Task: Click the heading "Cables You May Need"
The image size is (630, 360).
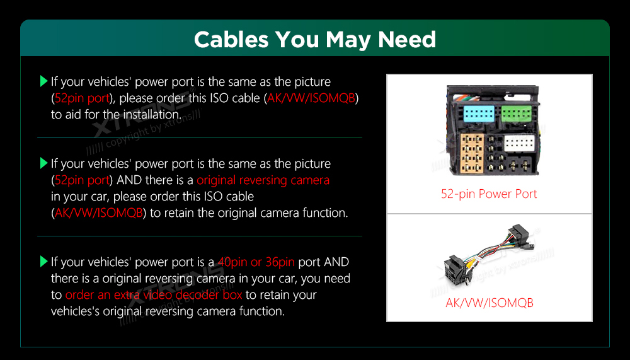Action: [x=315, y=40]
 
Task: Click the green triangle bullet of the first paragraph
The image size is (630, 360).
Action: [x=44, y=81]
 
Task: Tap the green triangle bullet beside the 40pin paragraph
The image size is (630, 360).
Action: [x=44, y=262]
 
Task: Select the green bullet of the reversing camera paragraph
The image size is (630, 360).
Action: [x=44, y=163]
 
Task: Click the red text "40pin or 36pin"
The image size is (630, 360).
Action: [x=256, y=262]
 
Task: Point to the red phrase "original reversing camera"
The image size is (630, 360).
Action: [x=263, y=180]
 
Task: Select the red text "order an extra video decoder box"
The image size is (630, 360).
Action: [x=154, y=295]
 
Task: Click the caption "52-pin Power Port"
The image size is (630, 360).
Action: [x=489, y=194]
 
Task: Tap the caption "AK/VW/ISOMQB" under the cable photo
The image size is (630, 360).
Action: [x=490, y=303]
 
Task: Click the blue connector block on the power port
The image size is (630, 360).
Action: [x=479, y=113]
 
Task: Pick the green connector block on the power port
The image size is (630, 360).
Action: [x=517, y=113]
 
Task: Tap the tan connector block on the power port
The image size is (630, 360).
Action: [x=472, y=154]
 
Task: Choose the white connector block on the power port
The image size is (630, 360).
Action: [x=519, y=143]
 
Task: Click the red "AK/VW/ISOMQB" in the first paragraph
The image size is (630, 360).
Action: [x=311, y=98]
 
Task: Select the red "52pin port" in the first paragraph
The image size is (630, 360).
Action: [x=82, y=98]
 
